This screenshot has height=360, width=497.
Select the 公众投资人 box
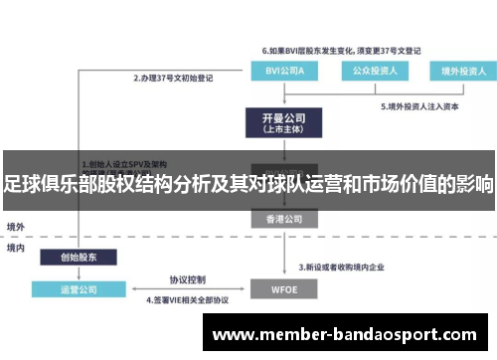[x=367, y=71]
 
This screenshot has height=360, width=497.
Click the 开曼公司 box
[x=284, y=122]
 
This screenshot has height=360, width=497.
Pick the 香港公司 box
[x=284, y=218]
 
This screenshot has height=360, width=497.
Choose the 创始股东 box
[x=79, y=257]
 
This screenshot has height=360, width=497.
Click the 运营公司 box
[x=79, y=289]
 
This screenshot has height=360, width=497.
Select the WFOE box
[x=284, y=289]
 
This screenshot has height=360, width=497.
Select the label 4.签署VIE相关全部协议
[x=187, y=299]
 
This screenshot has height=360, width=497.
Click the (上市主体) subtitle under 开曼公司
[x=284, y=129]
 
